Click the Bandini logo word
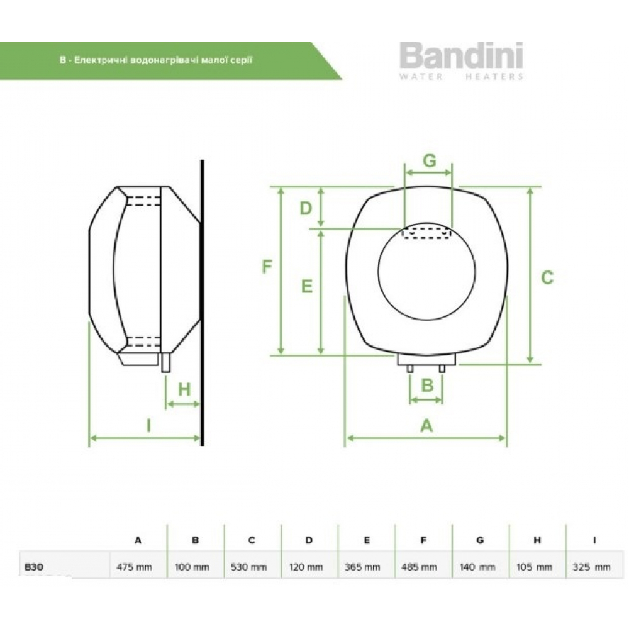point(461,55)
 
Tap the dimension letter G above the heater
point(429,161)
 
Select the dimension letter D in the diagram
point(306,208)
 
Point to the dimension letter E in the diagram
point(306,286)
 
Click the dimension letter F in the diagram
point(267,267)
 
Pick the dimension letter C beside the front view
point(547,277)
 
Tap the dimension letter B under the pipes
point(427,384)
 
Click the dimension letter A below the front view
point(426,426)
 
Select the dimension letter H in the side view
point(184,389)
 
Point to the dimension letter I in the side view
point(148,426)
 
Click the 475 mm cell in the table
point(135,567)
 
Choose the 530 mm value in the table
point(249,567)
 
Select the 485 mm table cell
point(419,567)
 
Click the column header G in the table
point(479,540)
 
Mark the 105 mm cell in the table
point(535,567)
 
